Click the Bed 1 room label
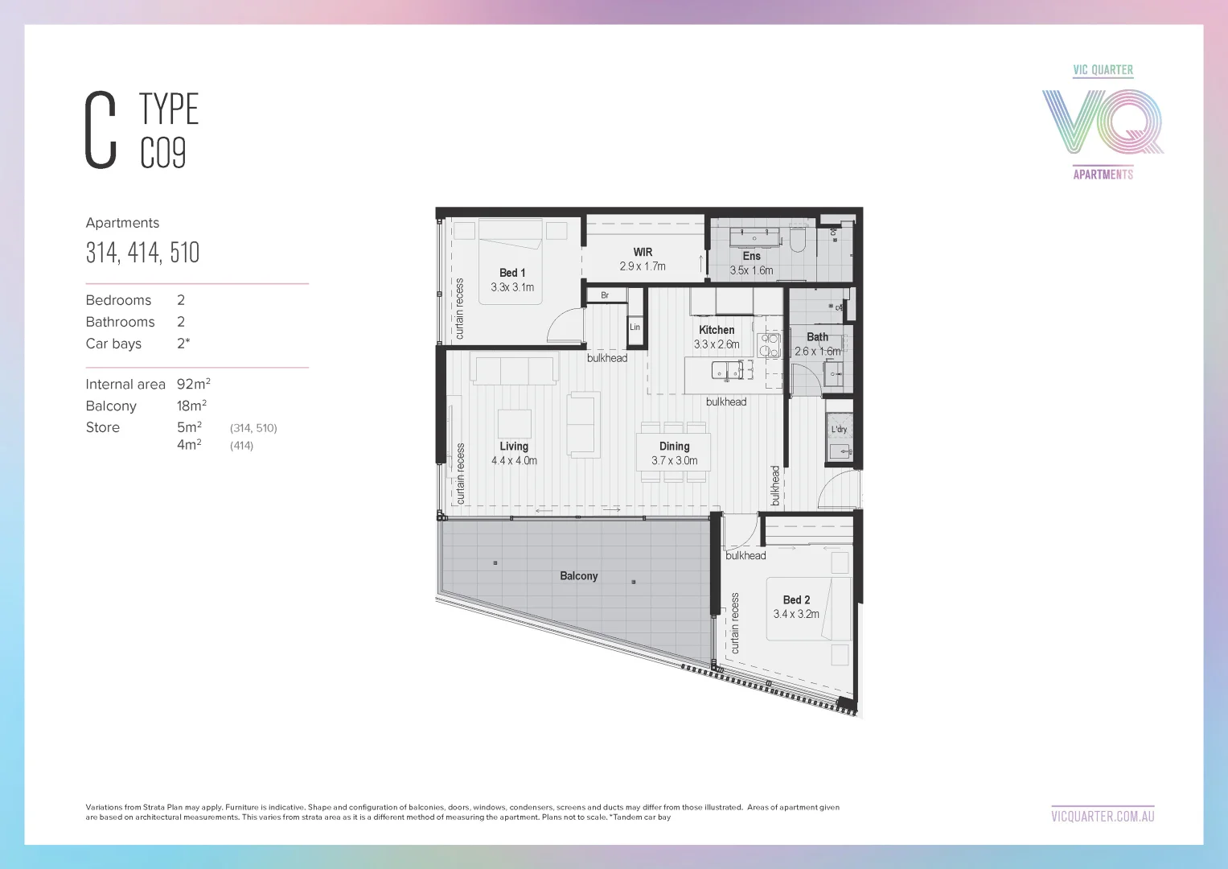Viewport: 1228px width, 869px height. (x=512, y=273)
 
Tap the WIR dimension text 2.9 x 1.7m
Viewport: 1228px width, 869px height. (x=643, y=266)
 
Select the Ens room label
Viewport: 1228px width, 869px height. (x=752, y=256)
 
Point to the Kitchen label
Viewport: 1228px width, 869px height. (x=717, y=330)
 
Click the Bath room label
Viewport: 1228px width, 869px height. (x=817, y=337)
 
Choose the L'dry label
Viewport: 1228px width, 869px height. (x=839, y=430)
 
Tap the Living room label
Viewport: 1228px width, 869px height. (x=514, y=447)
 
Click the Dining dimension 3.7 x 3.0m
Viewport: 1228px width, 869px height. (x=674, y=461)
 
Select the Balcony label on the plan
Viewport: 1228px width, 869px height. (x=579, y=576)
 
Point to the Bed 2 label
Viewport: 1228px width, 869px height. (x=796, y=600)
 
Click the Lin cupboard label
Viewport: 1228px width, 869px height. (x=635, y=327)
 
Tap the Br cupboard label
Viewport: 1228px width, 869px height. (x=605, y=295)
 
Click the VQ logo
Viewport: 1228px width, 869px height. (x=1103, y=121)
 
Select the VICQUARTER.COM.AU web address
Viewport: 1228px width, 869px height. (x=1103, y=816)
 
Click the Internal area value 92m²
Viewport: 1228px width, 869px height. (x=194, y=385)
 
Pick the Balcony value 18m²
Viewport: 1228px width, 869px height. (x=191, y=406)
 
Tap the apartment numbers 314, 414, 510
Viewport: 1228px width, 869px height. (x=142, y=253)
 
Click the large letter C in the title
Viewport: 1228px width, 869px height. (x=101, y=130)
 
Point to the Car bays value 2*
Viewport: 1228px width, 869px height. (x=183, y=344)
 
